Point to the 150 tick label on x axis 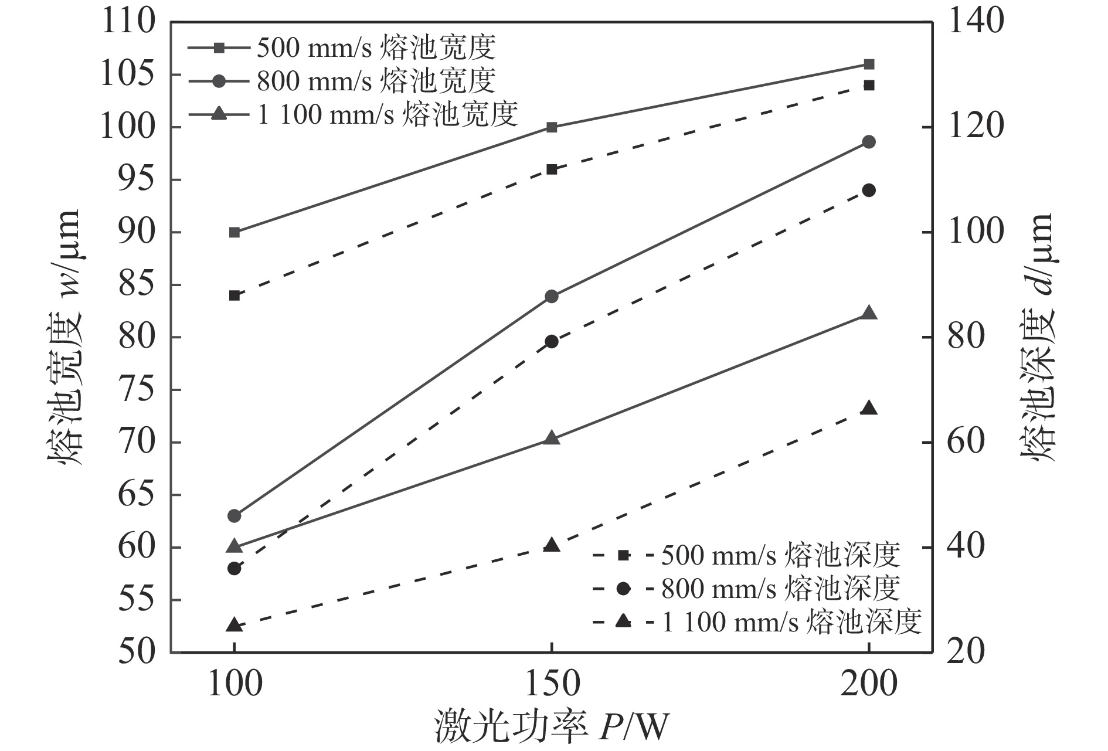tap(551, 684)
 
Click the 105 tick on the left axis tap(128, 75)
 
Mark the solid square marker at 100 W tap(234, 232)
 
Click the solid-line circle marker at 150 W tap(551, 297)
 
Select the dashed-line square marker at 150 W tap(551, 169)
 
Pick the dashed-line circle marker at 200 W tap(869, 191)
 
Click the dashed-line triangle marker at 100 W tap(234, 625)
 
